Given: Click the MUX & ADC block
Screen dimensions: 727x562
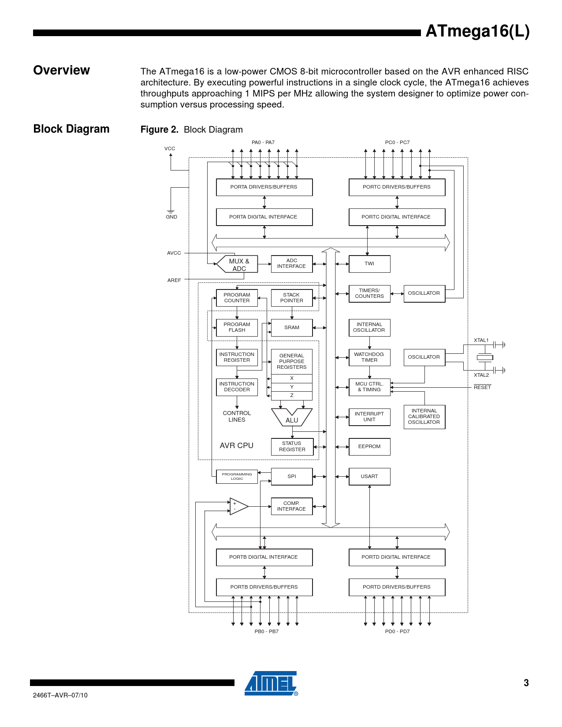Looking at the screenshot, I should point(238,264).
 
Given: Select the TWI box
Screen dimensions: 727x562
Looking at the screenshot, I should point(369,264).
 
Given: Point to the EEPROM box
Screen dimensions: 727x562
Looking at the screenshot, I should point(369,446).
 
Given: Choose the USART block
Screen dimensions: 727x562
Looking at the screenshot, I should point(369,476).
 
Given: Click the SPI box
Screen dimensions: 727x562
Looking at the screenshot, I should point(292,476).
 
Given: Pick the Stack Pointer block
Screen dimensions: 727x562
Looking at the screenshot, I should point(292,298).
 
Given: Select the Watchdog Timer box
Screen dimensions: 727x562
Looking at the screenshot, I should point(369,357).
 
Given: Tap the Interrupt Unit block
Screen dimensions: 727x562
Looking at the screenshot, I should point(369,417).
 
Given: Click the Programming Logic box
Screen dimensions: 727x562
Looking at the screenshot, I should point(237,477).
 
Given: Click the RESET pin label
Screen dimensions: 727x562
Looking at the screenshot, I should point(482,387).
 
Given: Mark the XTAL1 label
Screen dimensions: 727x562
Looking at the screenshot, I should point(481,340).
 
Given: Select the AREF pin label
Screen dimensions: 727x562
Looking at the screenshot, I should point(174,280).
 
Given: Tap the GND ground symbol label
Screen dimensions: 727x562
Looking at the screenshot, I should point(171,217).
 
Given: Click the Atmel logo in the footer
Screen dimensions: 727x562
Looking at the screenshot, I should point(271,683).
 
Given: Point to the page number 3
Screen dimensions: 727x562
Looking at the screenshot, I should point(526,683).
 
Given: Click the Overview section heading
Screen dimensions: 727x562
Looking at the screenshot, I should point(62,70).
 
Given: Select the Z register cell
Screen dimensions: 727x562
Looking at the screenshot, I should point(292,395).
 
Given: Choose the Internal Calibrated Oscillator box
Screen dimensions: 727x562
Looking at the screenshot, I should point(424,416).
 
